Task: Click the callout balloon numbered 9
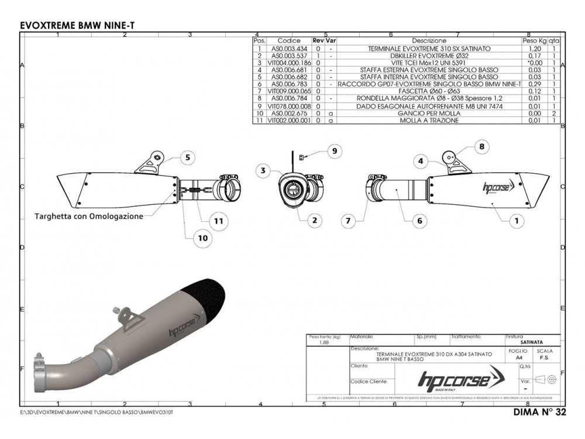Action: pos(333,152)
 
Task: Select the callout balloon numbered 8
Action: pos(481,148)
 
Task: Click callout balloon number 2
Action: pos(314,221)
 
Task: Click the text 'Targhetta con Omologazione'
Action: pos(88,216)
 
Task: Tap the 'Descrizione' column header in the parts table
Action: pos(429,41)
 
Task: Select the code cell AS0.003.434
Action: pos(289,49)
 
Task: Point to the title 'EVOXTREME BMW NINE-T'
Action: pos(80,26)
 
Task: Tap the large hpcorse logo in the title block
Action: pos(454,380)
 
